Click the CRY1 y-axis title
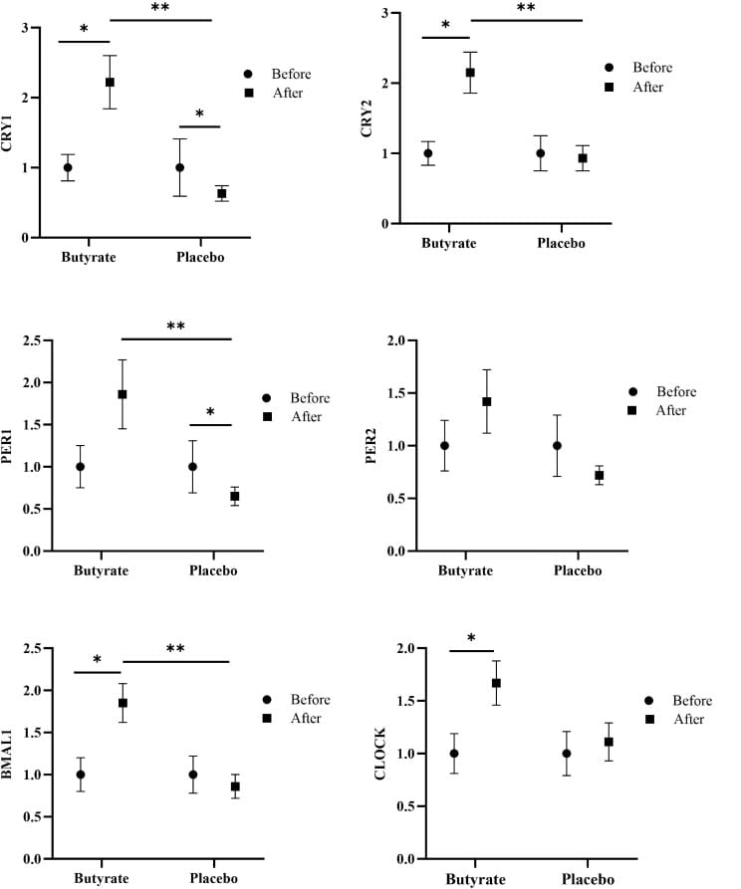click(x=8, y=132)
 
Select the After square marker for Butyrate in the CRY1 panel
click(x=110, y=82)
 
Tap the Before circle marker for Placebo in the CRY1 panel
click(x=179, y=167)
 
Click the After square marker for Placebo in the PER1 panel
click(x=234, y=496)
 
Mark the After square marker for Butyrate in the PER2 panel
click(x=487, y=401)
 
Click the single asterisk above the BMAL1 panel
click(x=97, y=660)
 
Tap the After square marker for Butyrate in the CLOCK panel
click(x=496, y=683)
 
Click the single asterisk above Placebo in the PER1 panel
click(x=209, y=412)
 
